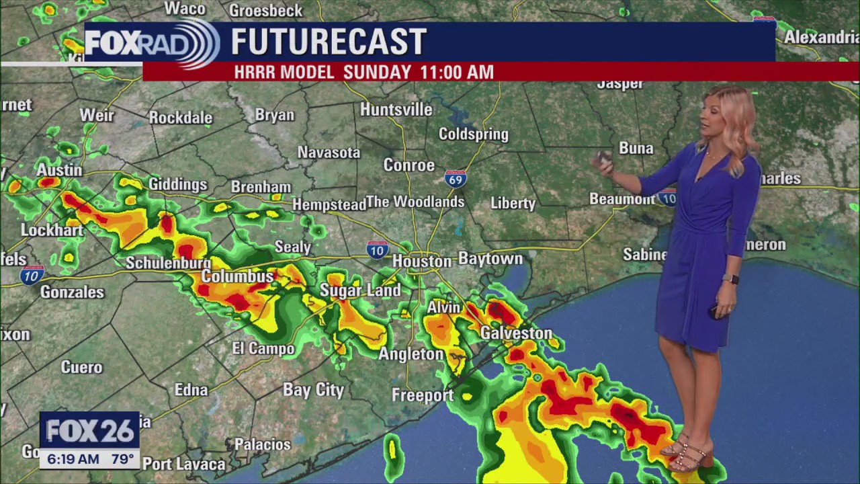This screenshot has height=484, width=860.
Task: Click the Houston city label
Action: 422,261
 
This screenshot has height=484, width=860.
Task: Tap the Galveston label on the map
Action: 516,333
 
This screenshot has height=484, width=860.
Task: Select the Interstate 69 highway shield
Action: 456,179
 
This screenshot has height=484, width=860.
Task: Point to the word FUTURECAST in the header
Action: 329,42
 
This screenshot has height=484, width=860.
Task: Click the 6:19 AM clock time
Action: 70,460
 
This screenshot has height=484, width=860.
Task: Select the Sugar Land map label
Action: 360,290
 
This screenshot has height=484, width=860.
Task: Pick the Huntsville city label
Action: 396,110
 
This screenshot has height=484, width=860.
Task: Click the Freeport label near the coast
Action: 423,395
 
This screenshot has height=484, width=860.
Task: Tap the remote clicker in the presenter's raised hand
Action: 605,159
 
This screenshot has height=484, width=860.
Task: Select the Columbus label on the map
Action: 238,277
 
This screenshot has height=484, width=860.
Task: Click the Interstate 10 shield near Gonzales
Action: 31,274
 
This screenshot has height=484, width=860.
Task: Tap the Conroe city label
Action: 409,165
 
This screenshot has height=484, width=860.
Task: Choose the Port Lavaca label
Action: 183,464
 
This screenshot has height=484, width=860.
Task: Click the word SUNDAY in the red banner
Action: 377,72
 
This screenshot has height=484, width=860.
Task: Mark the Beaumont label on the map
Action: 621,199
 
